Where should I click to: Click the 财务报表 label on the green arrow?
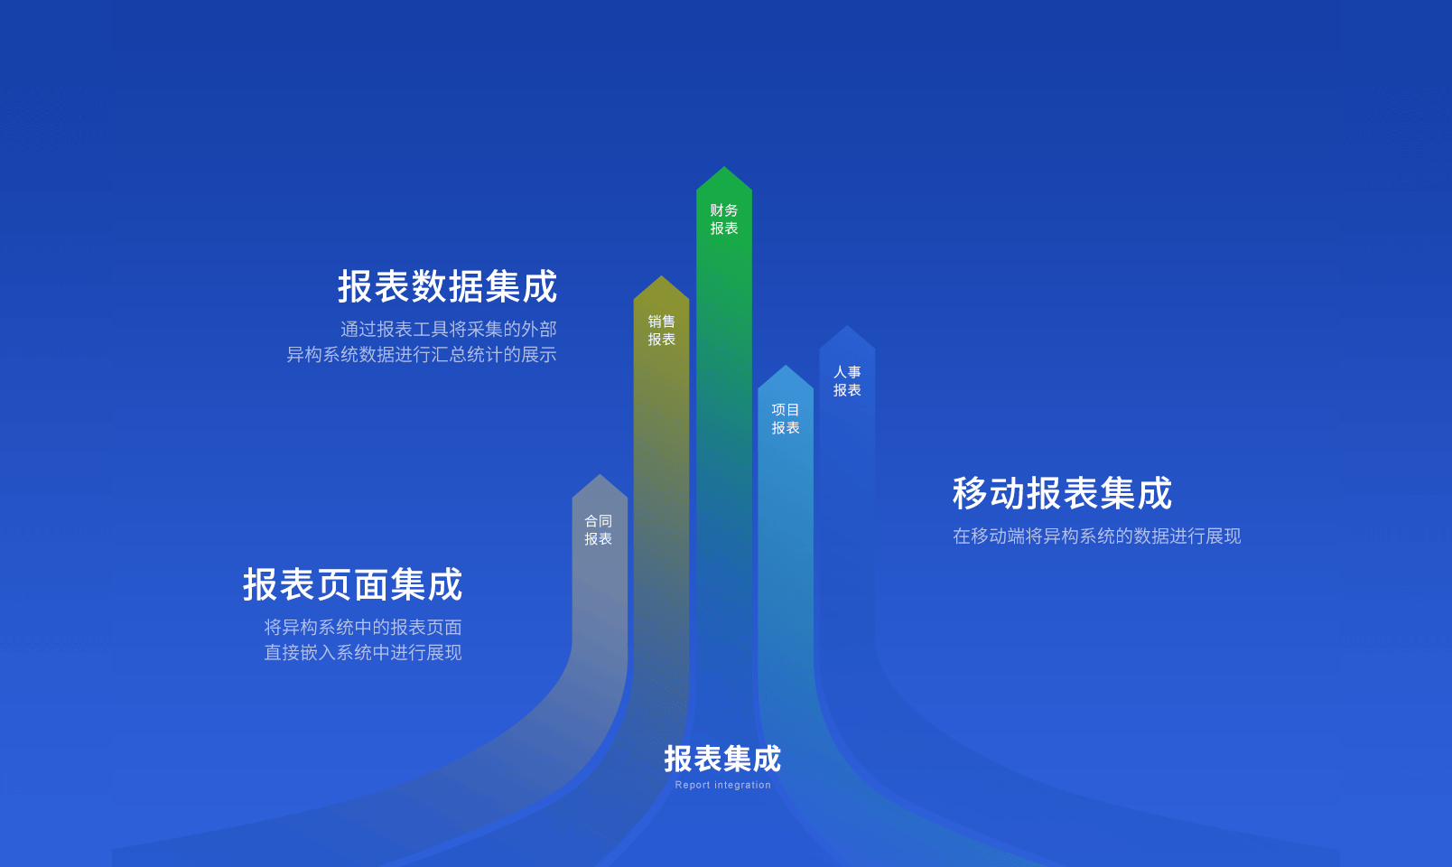click(724, 219)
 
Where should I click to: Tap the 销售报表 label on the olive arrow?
click(661, 330)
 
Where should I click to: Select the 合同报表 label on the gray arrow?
click(599, 530)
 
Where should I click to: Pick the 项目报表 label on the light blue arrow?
click(786, 419)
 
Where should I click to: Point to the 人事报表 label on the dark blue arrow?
click(847, 380)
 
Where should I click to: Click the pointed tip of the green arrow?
click(724, 167)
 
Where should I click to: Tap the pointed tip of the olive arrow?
click(661, 276)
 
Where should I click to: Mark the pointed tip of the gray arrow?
click(600, 475)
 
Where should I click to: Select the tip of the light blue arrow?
click(786, 365)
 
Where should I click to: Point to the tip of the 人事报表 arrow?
click(847, 325)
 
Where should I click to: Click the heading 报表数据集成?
click(447, 286)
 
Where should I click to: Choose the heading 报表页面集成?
click(353, 584)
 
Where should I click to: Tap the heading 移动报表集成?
click(1063, 493)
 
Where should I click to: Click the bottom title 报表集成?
click(722, 759)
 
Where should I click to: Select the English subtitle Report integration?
click(722, 785)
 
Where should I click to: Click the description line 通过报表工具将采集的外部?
click(449, 330)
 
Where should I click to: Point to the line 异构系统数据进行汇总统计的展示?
click(422, 355)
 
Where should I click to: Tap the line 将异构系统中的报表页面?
click(363, 627)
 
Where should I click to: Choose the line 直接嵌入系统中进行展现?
click(363, 652)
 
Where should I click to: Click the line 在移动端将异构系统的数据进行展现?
click(1097, 536)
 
